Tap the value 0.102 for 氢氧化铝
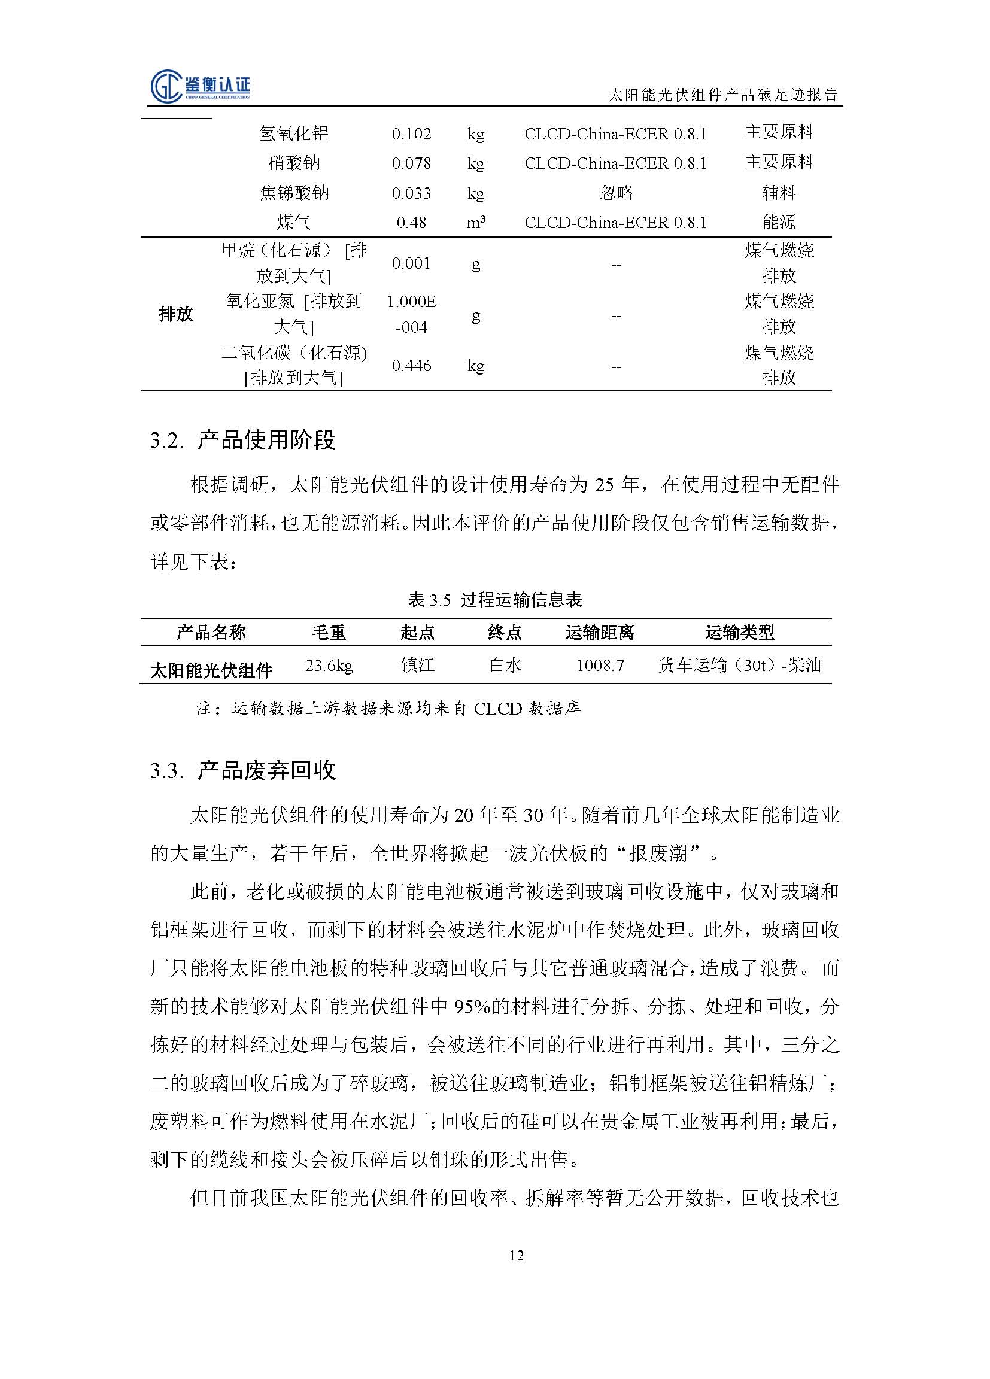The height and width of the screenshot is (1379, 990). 411,133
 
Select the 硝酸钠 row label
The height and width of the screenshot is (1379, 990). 294,163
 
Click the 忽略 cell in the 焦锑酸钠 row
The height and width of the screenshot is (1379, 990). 615,193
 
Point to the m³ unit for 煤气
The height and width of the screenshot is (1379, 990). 475,223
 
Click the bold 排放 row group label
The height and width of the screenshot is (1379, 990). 175,314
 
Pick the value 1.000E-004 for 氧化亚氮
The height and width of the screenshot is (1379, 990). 411,314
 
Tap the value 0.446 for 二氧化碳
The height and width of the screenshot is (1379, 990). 411,366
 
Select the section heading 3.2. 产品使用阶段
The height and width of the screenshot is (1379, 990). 242,439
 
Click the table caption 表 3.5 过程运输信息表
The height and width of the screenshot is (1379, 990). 494,600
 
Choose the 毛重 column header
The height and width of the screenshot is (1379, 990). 329,633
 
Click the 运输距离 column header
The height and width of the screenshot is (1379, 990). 599,633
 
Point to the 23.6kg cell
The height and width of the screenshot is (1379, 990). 329,665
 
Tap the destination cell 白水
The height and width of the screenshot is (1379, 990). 505,665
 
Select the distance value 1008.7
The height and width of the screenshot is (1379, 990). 600,665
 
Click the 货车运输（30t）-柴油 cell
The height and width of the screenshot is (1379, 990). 739,665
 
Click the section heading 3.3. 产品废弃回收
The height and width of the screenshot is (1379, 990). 242,770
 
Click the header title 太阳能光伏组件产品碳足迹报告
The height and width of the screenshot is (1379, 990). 723,95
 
